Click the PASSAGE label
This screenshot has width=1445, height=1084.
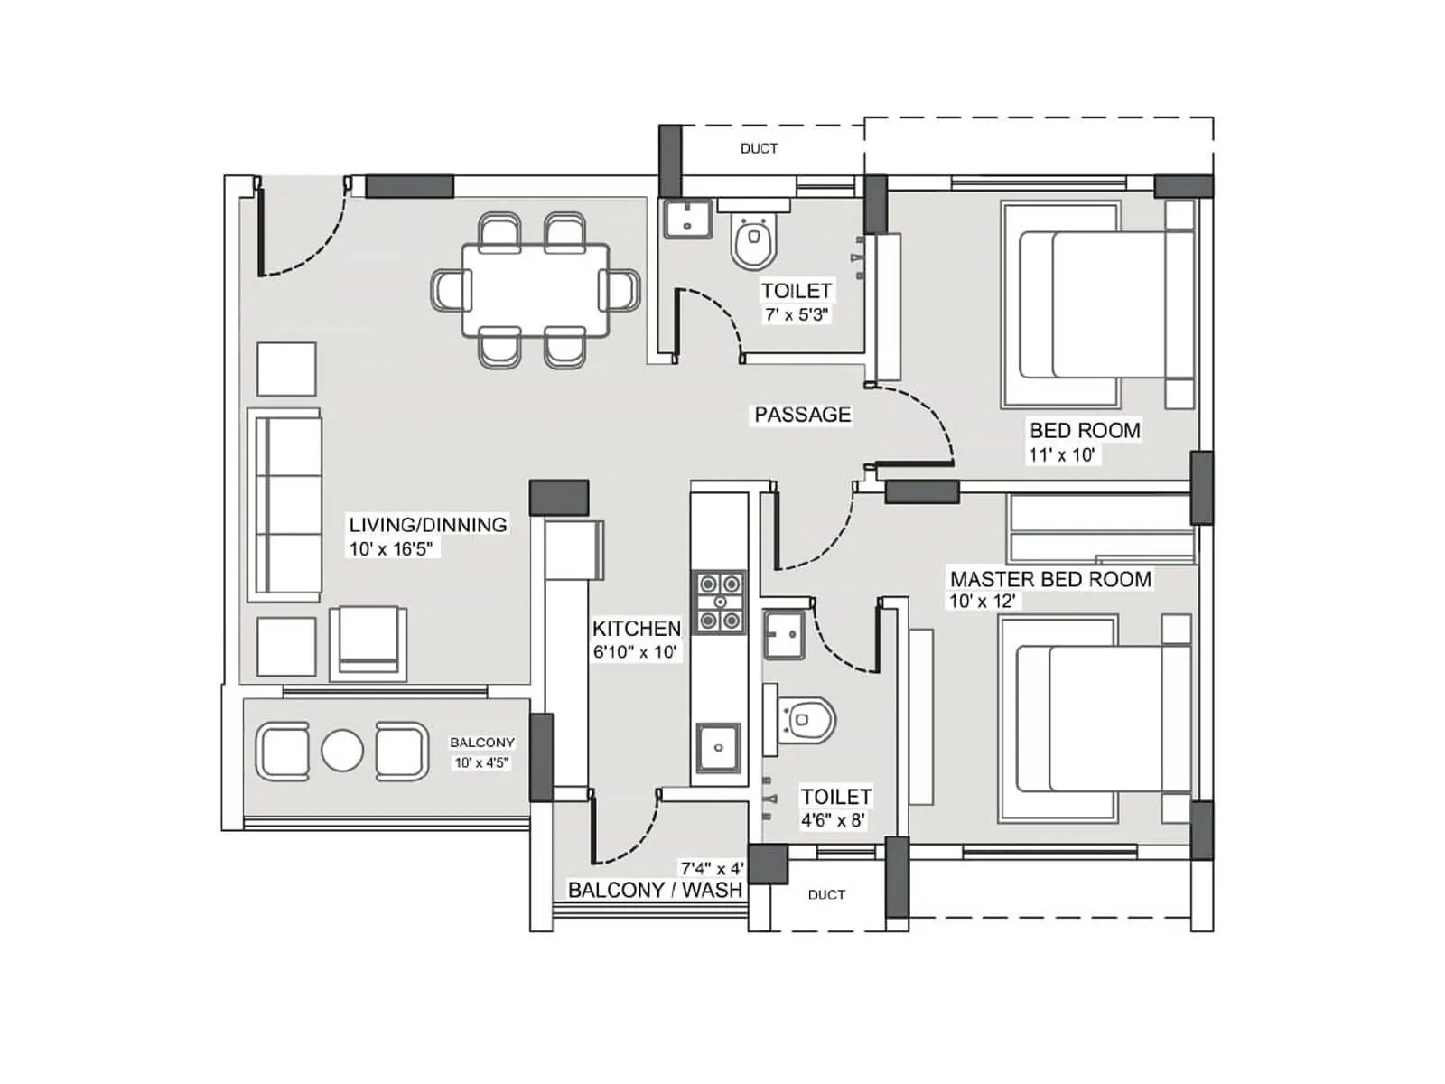(x=802, y=415)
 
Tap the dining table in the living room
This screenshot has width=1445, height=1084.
(x=535, y=290)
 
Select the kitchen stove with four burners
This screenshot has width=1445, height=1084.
(x=719, y=602)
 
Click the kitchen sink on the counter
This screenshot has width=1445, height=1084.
(x=718, y=747)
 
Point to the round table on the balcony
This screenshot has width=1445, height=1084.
(x=342, y=751)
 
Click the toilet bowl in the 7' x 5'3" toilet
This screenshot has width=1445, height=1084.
(x=753, y=242)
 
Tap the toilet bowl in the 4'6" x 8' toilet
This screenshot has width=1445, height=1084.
(x=806, y=720)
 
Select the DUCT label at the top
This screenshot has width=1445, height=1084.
(x=759, y=148)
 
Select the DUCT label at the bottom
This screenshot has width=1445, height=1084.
(x=826, y=894)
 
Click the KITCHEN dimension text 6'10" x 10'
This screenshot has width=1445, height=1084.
(x=635, y=652)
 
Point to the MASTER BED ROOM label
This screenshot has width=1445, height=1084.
(x=1050, y=579)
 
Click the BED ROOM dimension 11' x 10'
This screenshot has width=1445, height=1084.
(x=1061, y=455)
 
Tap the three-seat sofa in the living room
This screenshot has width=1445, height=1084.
(x=284, y=504)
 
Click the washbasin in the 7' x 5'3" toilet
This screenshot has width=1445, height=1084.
(x=687, y=219)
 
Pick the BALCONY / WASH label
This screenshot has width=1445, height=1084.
(x=655, y=890)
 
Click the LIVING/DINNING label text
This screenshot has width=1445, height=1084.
(x=428, y=525)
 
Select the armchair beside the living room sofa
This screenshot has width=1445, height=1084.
(x=368, y=642)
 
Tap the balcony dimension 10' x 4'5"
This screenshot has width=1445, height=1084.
(x=481, y=762)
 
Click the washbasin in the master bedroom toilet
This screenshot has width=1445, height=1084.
(x=784, y=634)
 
